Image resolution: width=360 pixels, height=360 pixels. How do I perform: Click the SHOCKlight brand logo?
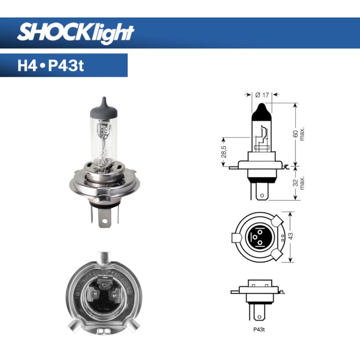76,32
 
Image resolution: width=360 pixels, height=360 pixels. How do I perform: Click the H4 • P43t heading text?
50,66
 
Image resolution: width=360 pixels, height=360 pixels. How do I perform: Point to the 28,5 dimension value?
224,151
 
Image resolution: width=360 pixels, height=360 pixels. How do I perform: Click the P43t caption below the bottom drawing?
259,329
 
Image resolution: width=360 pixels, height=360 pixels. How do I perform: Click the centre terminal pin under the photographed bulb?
104,219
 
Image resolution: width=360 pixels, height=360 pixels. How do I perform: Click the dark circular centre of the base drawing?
259,237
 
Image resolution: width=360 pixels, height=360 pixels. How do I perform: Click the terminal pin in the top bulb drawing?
261,191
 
